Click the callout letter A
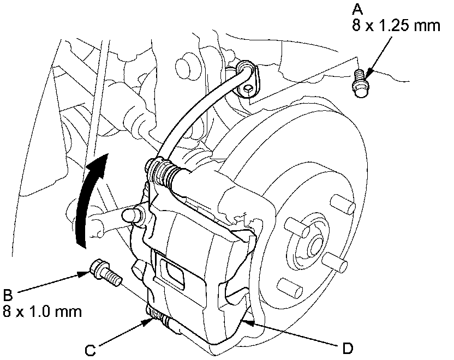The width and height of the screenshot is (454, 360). (358, 9)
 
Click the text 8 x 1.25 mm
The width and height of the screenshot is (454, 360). (396, 26)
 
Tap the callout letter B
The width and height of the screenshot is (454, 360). (8, 296)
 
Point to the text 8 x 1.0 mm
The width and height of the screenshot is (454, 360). (43, 313)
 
